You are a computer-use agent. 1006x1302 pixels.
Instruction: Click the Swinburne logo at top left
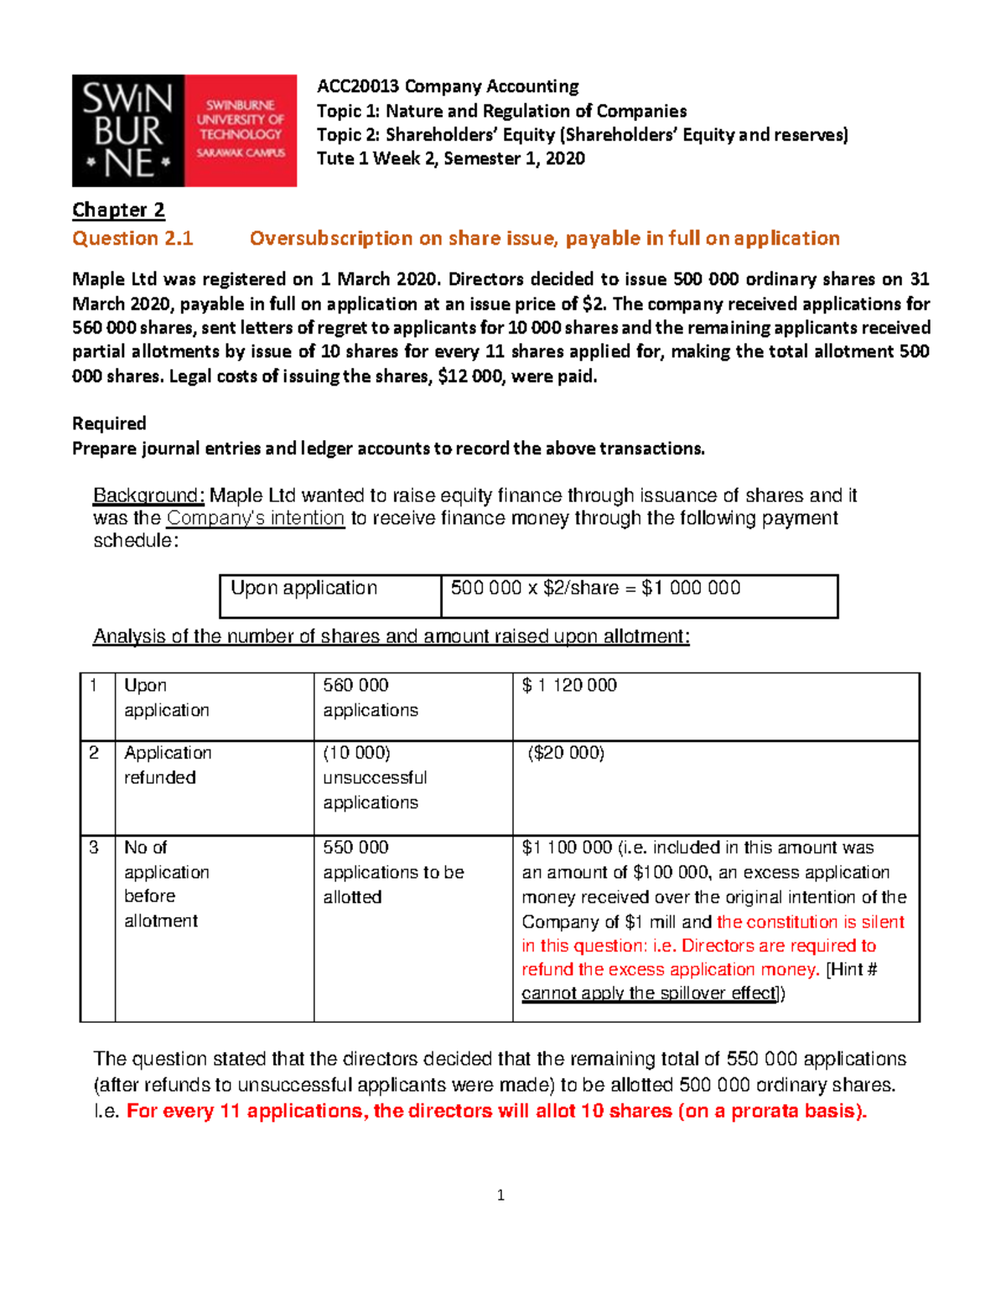point(184,131)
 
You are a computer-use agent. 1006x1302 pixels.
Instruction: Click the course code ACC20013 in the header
point(358,86)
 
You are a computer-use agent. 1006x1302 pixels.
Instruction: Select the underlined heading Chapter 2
point(118,210)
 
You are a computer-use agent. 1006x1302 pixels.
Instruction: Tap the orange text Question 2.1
point(132,239)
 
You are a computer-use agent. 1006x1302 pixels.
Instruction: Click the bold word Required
point(109,423)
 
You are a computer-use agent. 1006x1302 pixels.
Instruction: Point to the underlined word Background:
point(148,495)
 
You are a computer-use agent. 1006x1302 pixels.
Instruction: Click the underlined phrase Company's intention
point(256,518)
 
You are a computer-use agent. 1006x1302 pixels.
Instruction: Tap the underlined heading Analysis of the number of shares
point(391,636)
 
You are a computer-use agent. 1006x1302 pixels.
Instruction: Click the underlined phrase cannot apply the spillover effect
point(650,993)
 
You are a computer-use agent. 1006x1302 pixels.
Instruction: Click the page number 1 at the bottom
point(500,1196)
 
